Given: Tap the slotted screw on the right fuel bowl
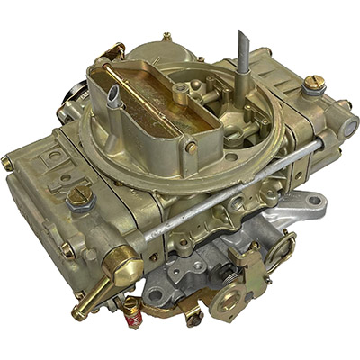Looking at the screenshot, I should [x=312, y=85].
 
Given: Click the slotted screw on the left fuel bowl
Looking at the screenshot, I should [x=79, y=196].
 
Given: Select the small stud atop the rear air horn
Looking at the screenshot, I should [x=166, y=38].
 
